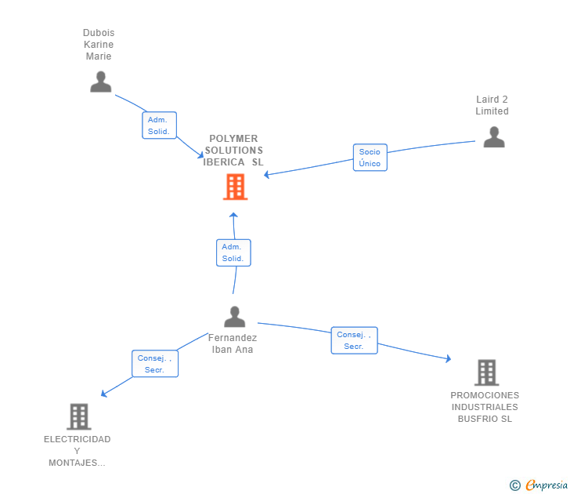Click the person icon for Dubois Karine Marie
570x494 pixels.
[x=100, y=82]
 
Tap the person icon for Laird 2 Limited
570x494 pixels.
[x=493, y=137]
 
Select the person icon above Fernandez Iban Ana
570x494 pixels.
[x=234, y=317]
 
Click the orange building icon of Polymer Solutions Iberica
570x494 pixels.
[x=235, y=187]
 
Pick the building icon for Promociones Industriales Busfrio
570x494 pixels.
[x=486, y=372]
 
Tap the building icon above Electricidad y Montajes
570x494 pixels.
[x=78, y=416]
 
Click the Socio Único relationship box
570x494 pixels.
[x=370, y=158]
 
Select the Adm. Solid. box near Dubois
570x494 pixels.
[x=159, y=125]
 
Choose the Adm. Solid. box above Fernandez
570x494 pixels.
[x=233, y=252]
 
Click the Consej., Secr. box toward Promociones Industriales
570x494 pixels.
[x=354, y=340]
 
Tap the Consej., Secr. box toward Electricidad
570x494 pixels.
[x=154, y=364]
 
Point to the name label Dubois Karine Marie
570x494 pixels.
[x=99, y=45]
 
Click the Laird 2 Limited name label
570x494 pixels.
[x=492, y=105]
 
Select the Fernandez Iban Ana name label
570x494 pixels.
[x=233, y=343]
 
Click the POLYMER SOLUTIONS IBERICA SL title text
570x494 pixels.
[x=233, y=151]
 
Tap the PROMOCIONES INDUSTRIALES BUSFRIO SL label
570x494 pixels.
[x=485, y=407]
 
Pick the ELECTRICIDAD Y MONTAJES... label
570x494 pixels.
[x=77, y=451]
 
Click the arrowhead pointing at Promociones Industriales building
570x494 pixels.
[x=449, y=359]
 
